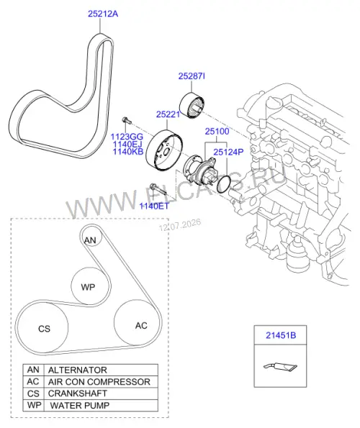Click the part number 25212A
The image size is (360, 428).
(103, 14)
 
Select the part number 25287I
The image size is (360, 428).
(192, 76)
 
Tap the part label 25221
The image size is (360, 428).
(168, 114)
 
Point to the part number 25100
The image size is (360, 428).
(217, 132)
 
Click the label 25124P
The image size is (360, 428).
(228, 152)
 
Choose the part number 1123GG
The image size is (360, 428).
(127, 137)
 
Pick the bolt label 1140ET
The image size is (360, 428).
(154, 206)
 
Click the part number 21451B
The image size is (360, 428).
(281, 335)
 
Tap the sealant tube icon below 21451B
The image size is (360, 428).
(280, 366)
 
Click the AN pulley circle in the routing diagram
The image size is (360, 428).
(91, 236)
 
